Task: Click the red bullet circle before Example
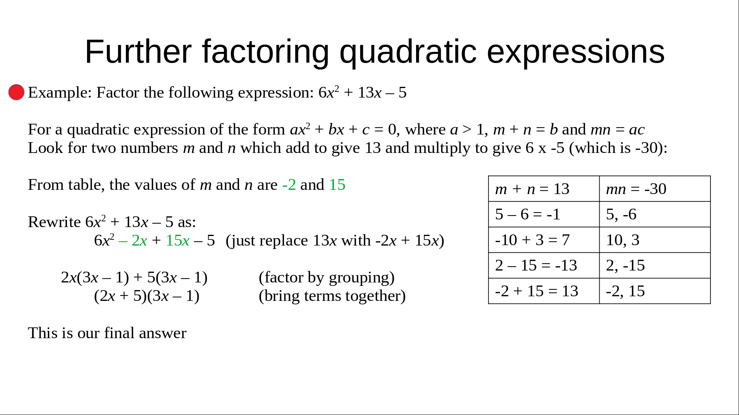pyautogui.click(x=17, y=92)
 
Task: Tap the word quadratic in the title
pyautogui.click(x=408, y=52)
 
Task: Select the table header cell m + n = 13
pyautogui.click(x=544, y=189)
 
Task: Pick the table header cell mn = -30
pyautogui.click(x=655, y=189)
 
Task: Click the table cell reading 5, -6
pyautogui.click(x=655, y=214)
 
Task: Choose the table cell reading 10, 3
pyautogui.click(x=655, y=240)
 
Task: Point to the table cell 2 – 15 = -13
pyautogui.click(x=544, y=266)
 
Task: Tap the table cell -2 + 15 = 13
pyautogui.click(x=544, y=291)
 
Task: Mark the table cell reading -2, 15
pyautogui.click(x=655, y=291)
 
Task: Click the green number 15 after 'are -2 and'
pyautogui.click(x=337, y=185)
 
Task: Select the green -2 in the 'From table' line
pyautogui.click(x=289, y=185)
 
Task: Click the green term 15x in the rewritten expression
pyautogui.click(x=177, y=241)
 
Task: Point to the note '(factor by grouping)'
pyautogui.click(x=327, y=277)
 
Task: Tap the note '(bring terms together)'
pyautogui.click(x=333, y=296)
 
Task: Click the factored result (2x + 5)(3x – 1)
pyautogui.click(x=147, y=296)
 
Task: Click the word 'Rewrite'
pyautogui.click(x=54, y=222)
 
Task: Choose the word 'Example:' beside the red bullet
pyautogui.click(x=60, y=93)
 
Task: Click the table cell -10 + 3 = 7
pyautogui.click(x=544, y=240)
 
